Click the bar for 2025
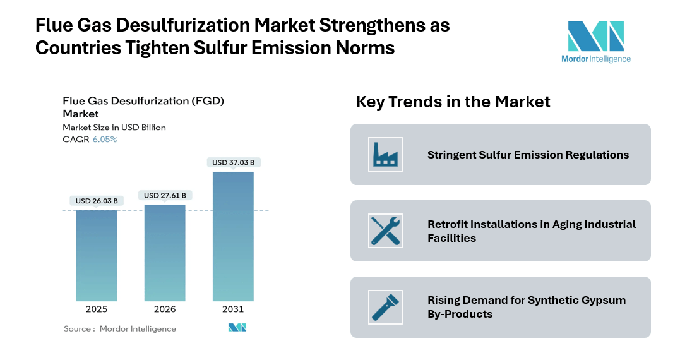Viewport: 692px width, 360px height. point(97,255)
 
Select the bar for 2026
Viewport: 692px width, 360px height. point(165,253)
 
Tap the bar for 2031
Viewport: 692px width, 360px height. point(233,236)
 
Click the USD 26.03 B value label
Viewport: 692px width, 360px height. point(97,201)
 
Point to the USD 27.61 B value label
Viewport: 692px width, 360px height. point(165,195)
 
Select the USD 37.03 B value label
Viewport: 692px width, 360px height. point(233,162)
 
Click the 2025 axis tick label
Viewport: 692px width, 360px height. point(97,309)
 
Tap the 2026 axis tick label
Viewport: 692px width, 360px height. point(165,309)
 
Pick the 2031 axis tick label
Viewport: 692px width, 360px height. point(233,309)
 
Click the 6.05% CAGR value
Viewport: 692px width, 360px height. point(105,140)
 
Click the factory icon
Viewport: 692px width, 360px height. point(385,154)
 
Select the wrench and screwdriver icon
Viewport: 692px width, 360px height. point(385,231)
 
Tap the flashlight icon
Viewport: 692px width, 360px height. point(385,306)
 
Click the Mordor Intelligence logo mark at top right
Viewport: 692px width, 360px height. point(595,36)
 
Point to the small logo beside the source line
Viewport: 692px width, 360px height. point(237,328)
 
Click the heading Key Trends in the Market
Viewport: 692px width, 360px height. point(453,102)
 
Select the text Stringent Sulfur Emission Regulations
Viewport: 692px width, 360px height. point(528,155)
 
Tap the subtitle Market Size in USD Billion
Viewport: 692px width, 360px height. point(114,128)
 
